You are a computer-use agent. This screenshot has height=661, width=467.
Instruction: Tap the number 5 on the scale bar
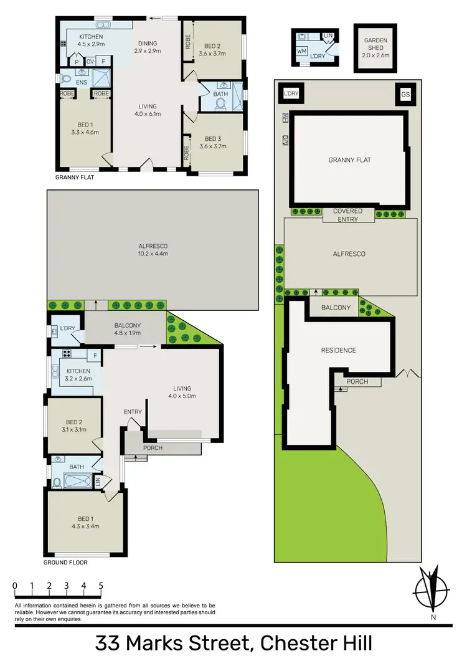tap(101, 586)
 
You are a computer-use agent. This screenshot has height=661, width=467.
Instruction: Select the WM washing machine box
tap(302, 50)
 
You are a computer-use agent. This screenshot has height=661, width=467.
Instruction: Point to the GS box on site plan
tap(405, 94)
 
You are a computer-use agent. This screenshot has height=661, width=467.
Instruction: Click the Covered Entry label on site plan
tap(347, 215)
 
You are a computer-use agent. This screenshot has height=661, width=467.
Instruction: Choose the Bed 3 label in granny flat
tap(213, 143)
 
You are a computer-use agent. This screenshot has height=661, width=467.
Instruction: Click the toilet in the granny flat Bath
tap(220, 105)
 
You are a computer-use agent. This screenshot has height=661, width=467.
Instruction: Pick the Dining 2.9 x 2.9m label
tap(148, 47)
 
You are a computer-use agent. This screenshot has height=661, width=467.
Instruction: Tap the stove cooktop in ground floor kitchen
tap(66, 354)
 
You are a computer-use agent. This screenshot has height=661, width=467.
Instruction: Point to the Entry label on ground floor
tap(133, 411)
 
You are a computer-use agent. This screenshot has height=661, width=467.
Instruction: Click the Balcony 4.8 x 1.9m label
tap(128, 328)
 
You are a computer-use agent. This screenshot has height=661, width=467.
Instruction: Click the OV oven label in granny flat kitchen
tap(90, 62)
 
